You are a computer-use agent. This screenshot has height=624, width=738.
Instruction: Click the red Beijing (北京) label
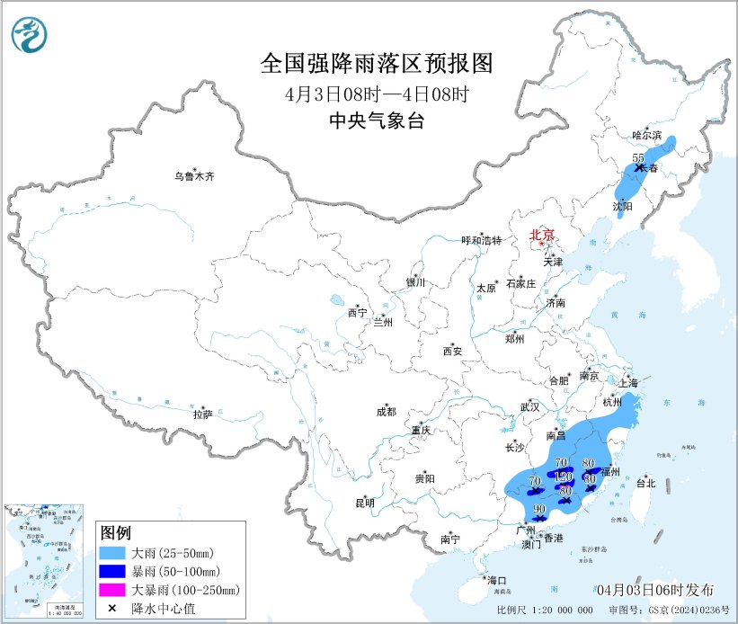[540, 235]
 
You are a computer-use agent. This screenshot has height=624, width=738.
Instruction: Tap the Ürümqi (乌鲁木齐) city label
[195, 176]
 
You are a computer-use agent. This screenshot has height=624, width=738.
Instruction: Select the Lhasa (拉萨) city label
[201, 414]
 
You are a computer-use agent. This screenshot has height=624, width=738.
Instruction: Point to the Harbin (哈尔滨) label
[646, 135]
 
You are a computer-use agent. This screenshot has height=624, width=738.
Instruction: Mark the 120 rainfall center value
[564, 476]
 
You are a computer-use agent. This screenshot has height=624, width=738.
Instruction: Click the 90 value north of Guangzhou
[539, 509]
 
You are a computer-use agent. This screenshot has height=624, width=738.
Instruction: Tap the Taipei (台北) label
[645, 483]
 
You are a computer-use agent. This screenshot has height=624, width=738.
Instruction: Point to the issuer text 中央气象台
[377, 121]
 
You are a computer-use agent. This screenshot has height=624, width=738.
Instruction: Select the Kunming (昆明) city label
[364, 503]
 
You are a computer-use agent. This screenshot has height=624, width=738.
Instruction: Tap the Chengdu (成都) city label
[386, 413]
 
